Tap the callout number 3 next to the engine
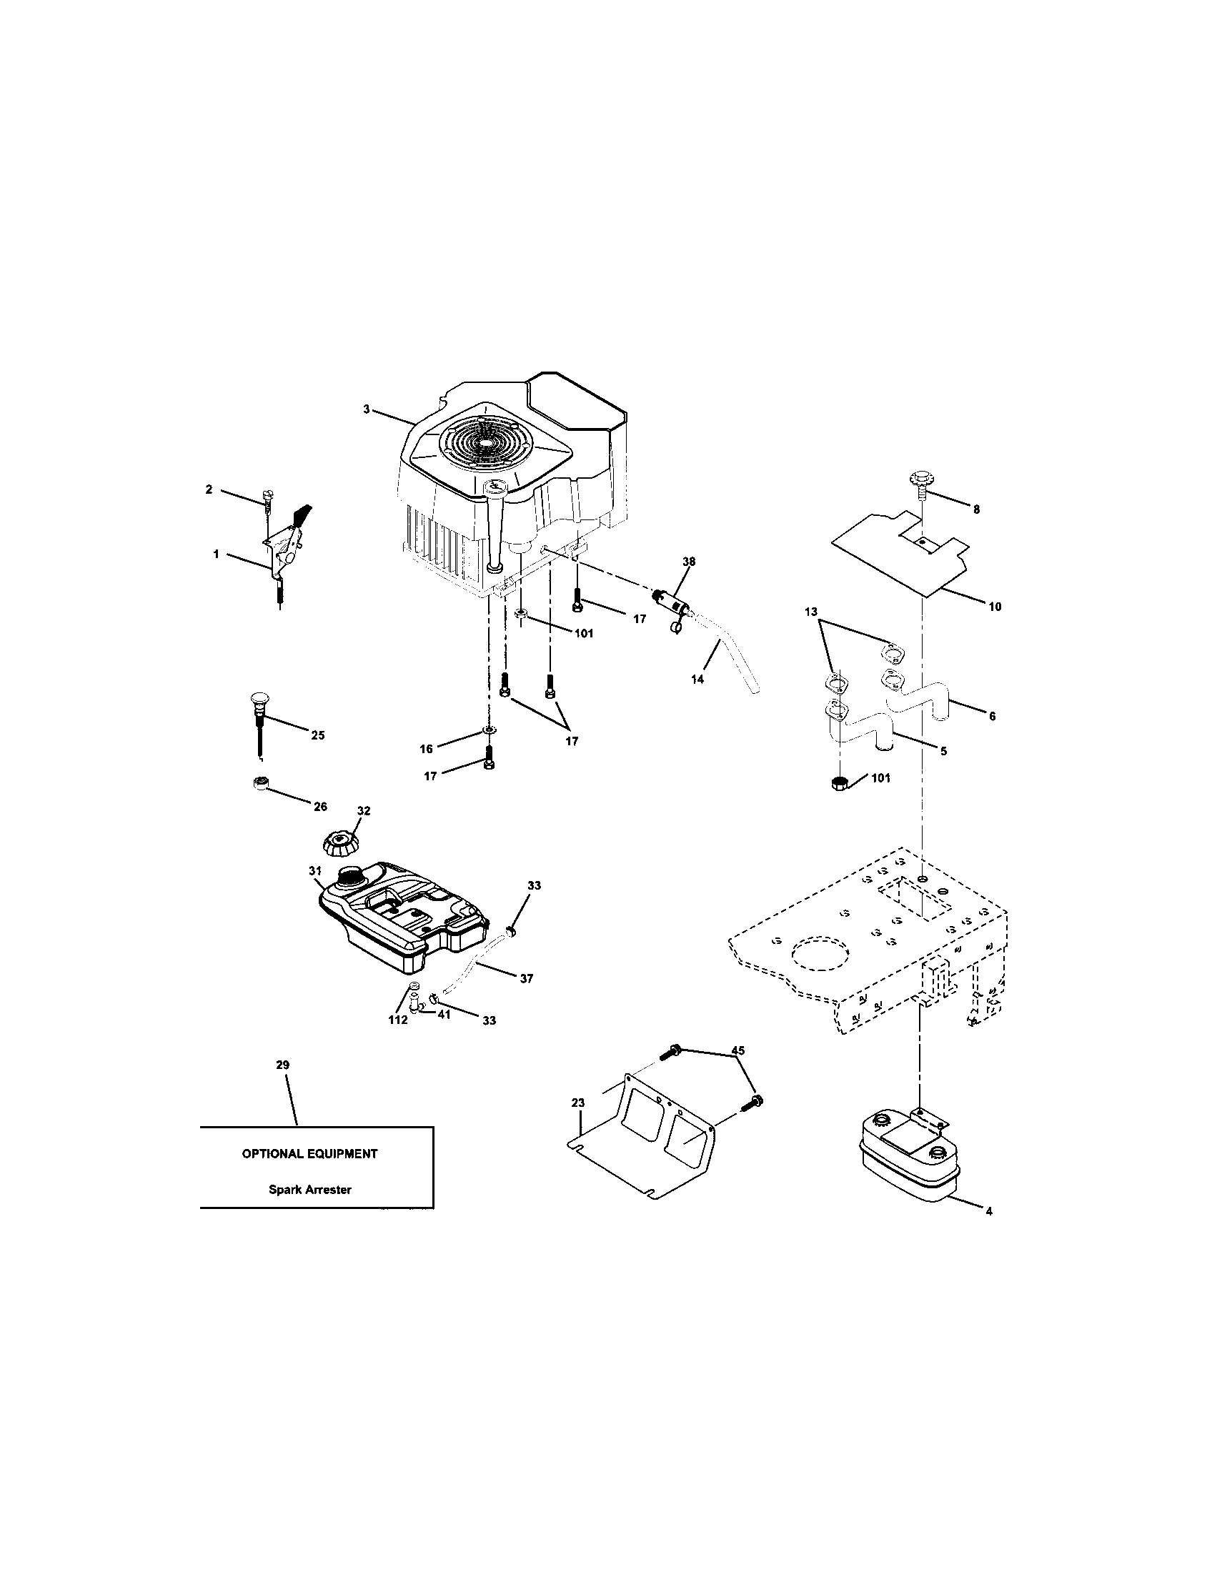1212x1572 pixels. (366, 409)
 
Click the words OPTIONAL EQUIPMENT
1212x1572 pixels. (309, 1153)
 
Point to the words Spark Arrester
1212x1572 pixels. (310, 1190)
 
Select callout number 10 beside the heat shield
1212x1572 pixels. (994, 607)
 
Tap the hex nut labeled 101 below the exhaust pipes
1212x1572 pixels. (838, 784)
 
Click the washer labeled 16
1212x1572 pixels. (490, 731)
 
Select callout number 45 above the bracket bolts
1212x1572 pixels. (737, 1050)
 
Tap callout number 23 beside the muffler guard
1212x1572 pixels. (578, 1103)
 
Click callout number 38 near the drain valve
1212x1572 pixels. (689, 561)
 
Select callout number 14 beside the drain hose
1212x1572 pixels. (697, 679)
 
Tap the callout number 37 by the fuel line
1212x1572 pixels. (526, 978)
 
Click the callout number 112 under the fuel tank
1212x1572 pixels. (398, 1020)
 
